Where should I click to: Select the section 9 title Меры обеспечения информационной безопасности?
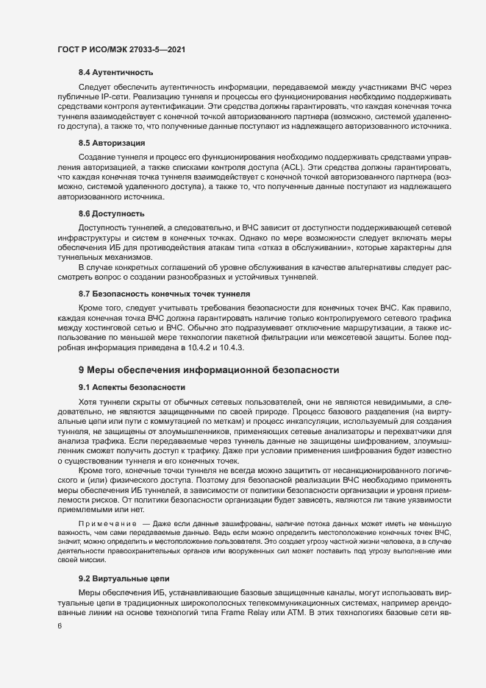coord(209,369)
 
